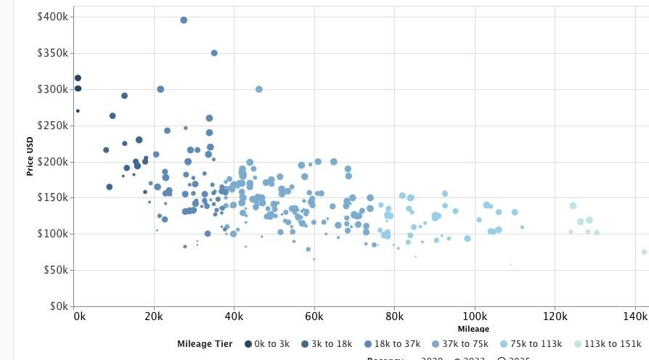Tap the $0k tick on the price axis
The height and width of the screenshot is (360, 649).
[x=57, y=306]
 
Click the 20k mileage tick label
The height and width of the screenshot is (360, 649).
[x=153, y=317]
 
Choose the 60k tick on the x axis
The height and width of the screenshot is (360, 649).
[x=314, y=317]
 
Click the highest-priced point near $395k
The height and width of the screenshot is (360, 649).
[x=184, y=20]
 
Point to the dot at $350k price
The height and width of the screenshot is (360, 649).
[x=214, y=53]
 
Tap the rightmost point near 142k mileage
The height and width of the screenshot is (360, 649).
[x=644, y=252]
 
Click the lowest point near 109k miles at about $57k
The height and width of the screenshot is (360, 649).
[x=510, y=264]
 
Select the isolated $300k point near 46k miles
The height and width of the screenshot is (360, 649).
[x=259, y=89]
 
